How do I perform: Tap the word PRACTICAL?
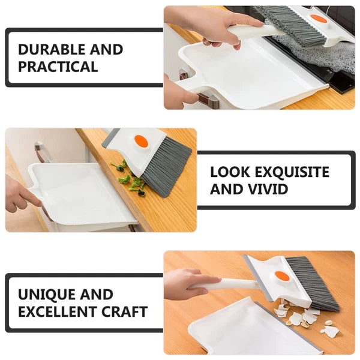coord(58,67)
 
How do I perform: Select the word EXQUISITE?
coord(292,172)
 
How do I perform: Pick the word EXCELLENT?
coord(57,311)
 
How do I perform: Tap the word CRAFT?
coord(125,311)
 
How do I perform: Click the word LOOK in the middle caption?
coord(230,172)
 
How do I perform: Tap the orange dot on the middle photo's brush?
coord(141,141)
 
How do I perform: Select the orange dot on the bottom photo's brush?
coord(283,276)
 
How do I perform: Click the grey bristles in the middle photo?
coord(166,166)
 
